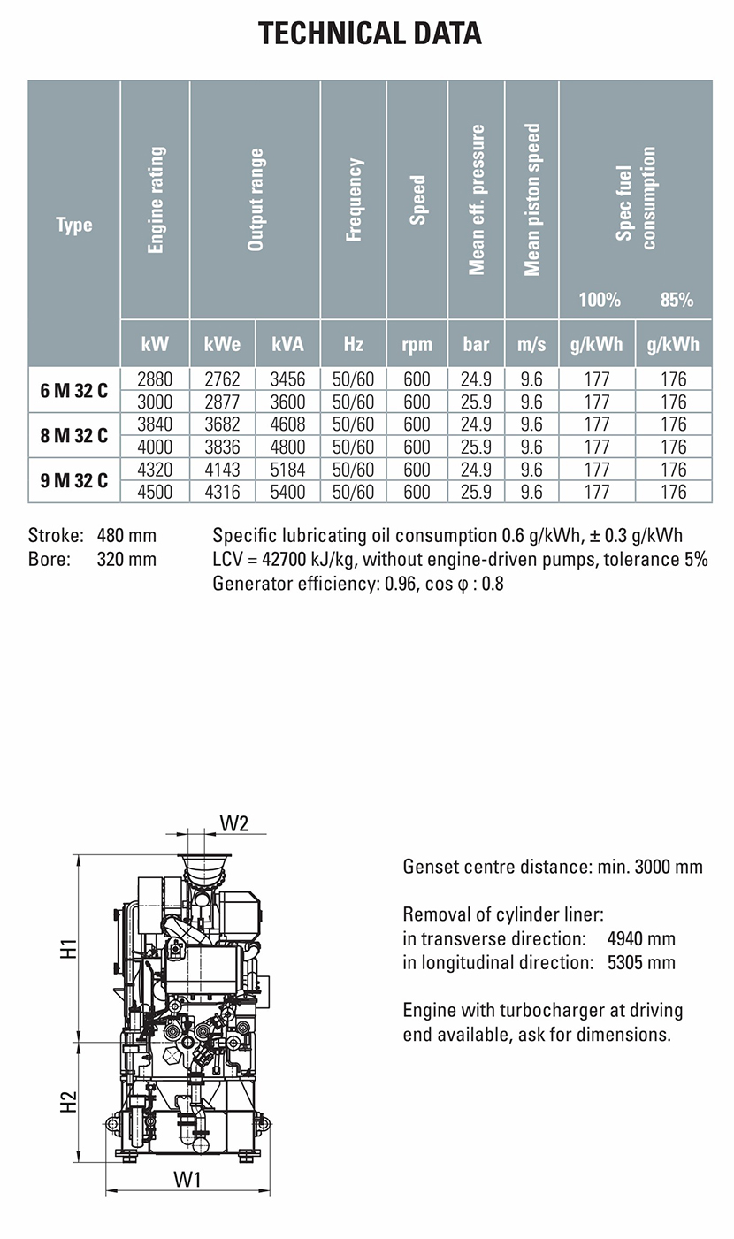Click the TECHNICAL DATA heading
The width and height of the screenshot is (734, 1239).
click(370, 34)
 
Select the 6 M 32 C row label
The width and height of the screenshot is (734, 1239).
click(74, 390)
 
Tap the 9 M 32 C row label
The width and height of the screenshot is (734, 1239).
click(74, 480)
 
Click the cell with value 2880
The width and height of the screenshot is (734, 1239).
click(155, 379)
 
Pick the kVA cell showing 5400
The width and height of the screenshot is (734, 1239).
click(287, 492)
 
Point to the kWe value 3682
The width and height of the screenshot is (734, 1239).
click(222, 424)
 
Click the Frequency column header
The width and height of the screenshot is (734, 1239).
click(354, 200)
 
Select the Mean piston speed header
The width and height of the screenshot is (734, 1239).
click(531, 200)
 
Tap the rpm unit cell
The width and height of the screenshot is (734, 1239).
click(417, 344)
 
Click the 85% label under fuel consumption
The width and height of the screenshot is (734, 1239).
click(677, 300)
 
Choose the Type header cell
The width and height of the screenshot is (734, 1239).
click(74, 225)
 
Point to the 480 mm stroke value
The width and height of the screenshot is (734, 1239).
click(126, 535)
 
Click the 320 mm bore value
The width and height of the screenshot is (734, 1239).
click(126, 559)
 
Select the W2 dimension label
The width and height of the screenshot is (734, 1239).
click(234, 822)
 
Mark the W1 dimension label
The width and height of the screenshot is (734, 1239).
click(187, 1179)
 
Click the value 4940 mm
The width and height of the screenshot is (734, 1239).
click(641, 938)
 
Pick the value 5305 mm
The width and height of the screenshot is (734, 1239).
click(641, 962)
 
